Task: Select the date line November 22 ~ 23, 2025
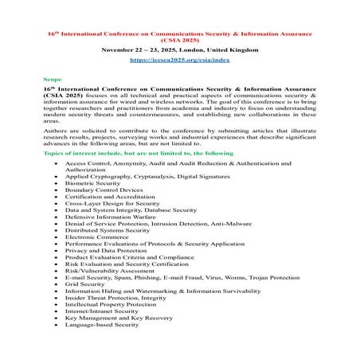click(x=179, y=49)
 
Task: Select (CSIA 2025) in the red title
click(x=179, y=37)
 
